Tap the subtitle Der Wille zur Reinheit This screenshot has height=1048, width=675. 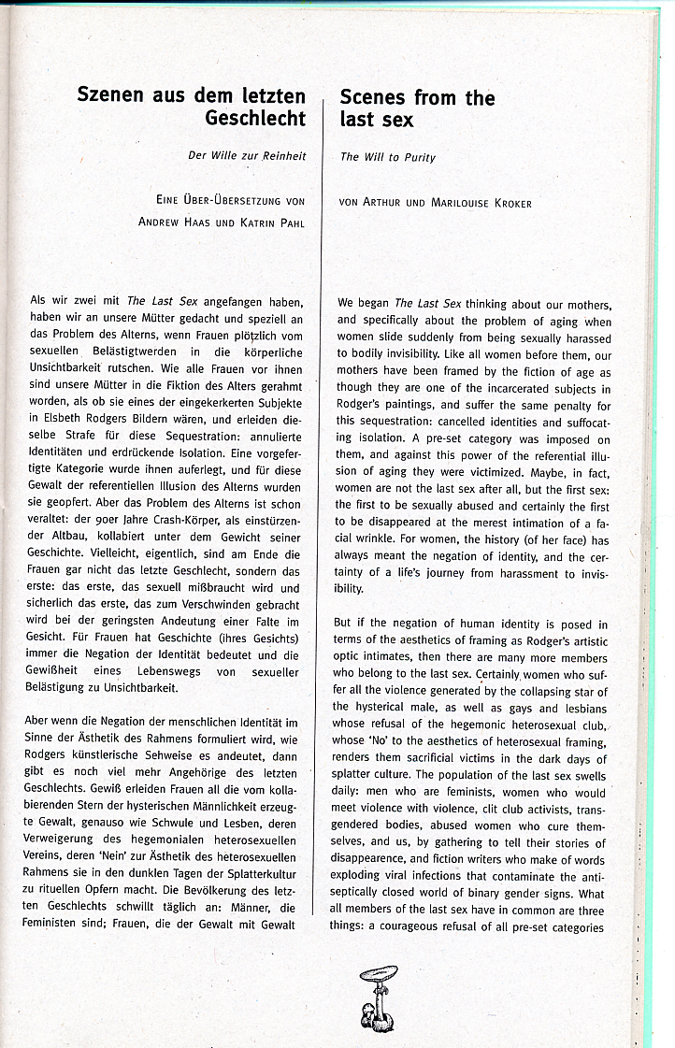(x=246, y=156)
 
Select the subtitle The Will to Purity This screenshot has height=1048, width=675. (x=388, y=157)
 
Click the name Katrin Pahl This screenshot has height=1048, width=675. (x=272, y=223)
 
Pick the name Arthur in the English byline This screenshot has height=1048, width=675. (x=384, y=203)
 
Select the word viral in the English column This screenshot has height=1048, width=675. (x=417, y=877)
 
